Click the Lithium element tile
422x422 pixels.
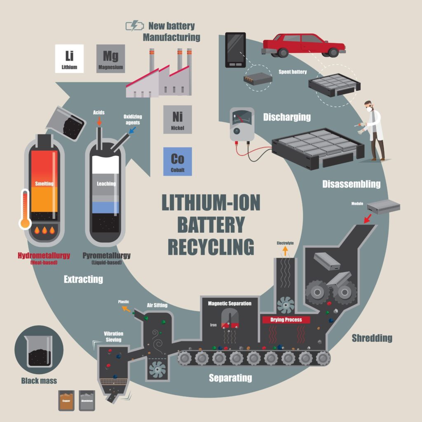pyautogui.click(x=69, y=59)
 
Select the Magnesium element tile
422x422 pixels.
pyautogui.click(x=110, y=59)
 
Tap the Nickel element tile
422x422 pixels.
pyautogui.click(x=177, y=119)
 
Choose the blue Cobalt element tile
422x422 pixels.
pyautogui.click(x=177, y=161)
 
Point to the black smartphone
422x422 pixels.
pyautogui.click(x=235, y=50)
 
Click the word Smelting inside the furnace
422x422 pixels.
pyautogui.click(x=45, y=183)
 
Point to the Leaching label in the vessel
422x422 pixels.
pyautogui.click(x=106, y=183)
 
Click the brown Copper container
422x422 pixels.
pyautogui.click(x=66, y=400)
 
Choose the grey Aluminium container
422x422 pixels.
pyautogui.click(x=87, y=400)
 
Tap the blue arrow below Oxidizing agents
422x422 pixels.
pyautogui.click(x=132, y=130)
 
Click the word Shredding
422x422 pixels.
pyautogui.click(x=372, y=338)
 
